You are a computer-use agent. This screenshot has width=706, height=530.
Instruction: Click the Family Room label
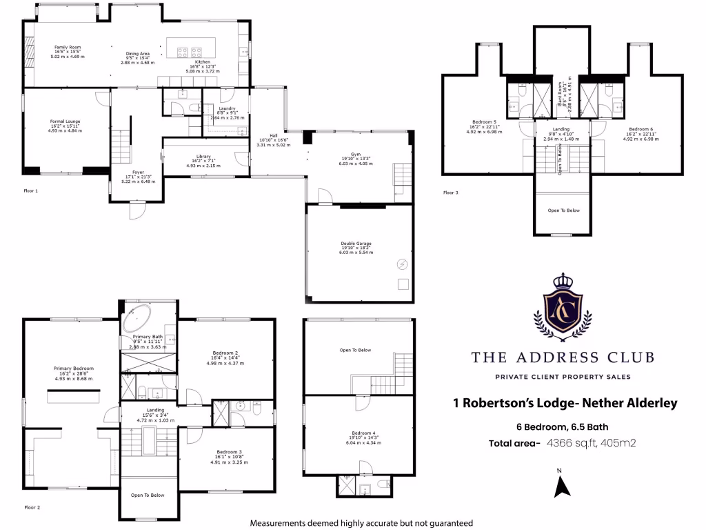(68, 47)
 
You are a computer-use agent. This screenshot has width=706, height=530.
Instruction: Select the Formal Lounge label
(65, 121)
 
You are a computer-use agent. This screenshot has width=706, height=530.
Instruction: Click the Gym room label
(355, 154)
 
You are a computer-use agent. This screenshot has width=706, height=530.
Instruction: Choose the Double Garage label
(356, 244)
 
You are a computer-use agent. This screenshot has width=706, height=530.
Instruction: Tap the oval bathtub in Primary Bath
(137, 320)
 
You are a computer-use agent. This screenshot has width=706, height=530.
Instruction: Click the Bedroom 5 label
(485, 122)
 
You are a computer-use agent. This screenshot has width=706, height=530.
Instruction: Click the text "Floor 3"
(450, 193)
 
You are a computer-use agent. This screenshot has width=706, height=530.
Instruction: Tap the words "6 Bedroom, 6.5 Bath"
(562, 426)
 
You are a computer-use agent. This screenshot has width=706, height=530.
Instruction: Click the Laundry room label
(227, 108)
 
